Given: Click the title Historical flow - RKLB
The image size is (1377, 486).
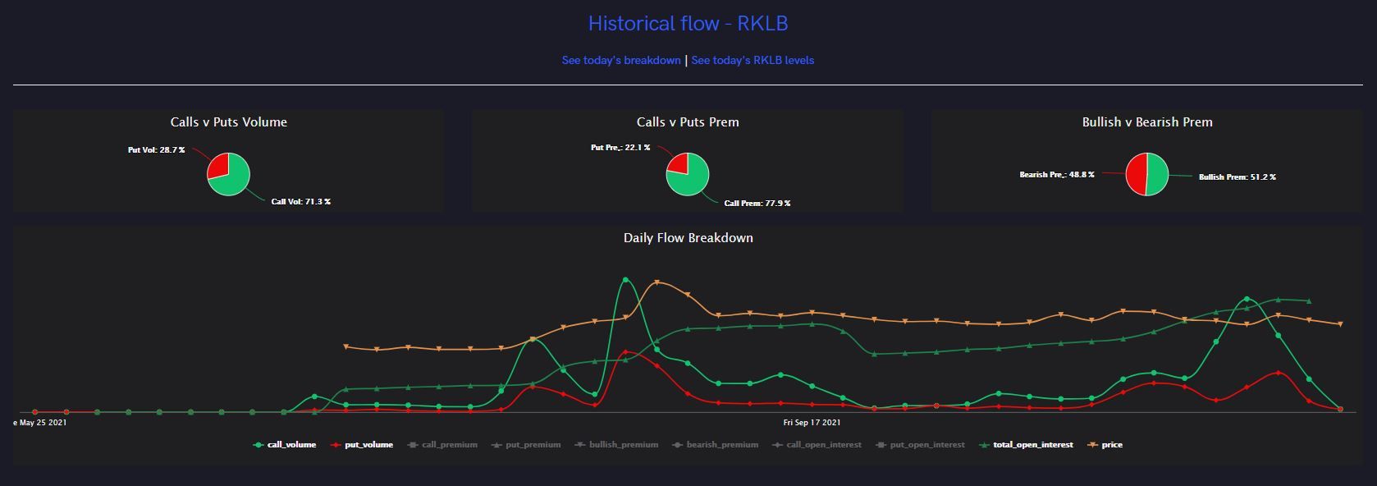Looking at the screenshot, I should pyautogui.click(x=688, y=23).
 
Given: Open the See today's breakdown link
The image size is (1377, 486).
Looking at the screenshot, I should pyautogui.click(x=621, y=60).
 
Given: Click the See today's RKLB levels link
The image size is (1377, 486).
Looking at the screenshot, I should pyautogui.click(x=753, y=60).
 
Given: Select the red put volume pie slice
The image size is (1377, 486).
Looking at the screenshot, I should pyautogui.click(x=217, y=165).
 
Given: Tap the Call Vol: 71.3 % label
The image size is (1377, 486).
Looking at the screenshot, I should pyautogui.click(x=300, y=201).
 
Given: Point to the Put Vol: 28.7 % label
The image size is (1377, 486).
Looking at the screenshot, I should pyautogui.click(x=156, y=150).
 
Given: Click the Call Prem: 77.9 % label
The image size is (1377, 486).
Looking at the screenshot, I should pyautogui.click(x=757, y=203).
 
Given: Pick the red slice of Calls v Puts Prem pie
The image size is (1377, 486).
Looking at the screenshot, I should pyautogui.click(x=678, y=163).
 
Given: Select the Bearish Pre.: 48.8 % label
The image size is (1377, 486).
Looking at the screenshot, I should pyautogui.click(x=1056, y=174).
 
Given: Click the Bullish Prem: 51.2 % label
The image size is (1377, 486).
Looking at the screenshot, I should pyautogui.click(x=1237, y=177).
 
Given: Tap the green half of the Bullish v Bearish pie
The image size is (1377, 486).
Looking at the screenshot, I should pyautogui.click(x=1157, y=174).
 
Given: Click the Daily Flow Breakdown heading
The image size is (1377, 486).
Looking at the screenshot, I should pyautogui.click(x=688, y=238).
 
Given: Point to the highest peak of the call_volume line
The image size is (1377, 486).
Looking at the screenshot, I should pyautogui.click(x=625, y=280).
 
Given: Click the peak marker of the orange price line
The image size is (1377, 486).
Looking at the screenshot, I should pyautogui.click(x=656, y=283).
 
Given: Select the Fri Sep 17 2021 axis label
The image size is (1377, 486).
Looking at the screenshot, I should pyautogui.click(x=812, y=423).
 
